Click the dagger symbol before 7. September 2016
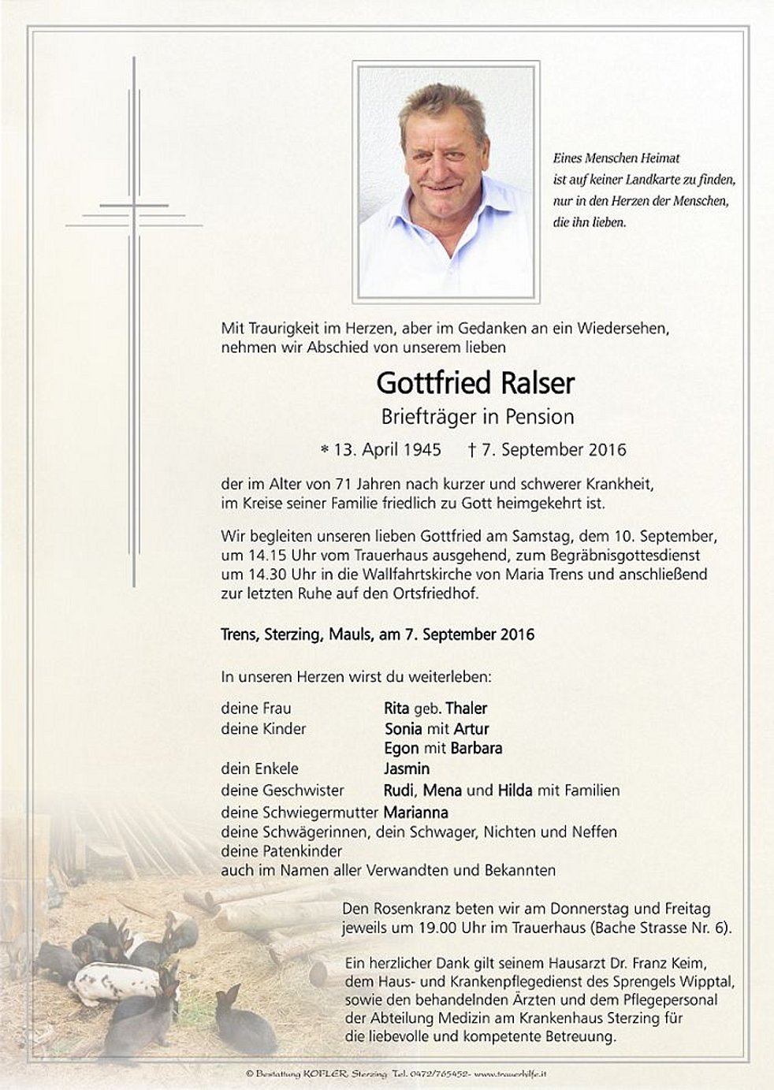tap(472, 450)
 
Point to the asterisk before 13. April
tap(324, 451)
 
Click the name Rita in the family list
tap(396, 709)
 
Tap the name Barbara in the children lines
tap(476, 749)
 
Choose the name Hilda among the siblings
tap(515, 791)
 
